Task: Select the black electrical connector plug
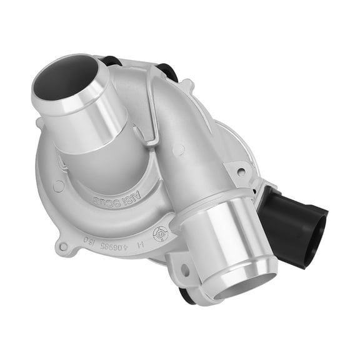[294, 219]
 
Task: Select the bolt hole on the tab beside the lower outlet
[184, 270]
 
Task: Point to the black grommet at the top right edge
[168, 70]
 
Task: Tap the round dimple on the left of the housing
[58, 186]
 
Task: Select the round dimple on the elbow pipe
[179, 149]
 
